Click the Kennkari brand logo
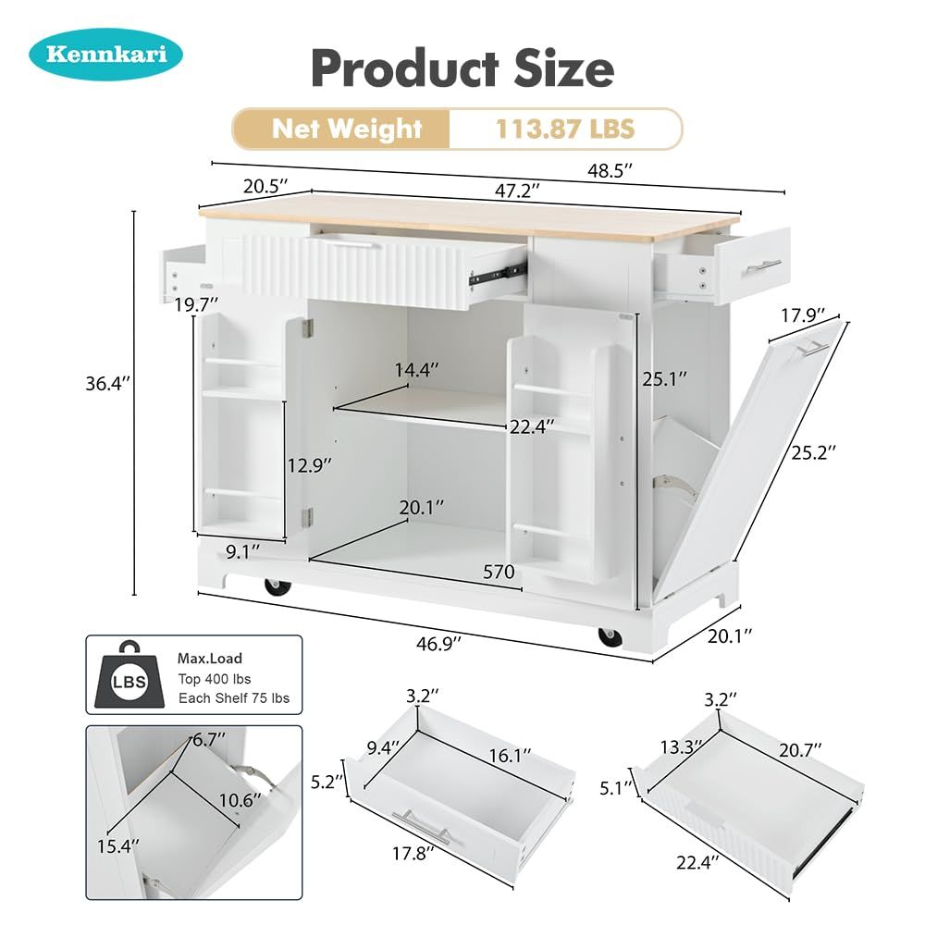106,54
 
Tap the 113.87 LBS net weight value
564,129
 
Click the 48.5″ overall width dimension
610,171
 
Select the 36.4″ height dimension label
107,384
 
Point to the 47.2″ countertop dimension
517,191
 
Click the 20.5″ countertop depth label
265,186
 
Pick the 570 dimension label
499,572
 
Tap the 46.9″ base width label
438,644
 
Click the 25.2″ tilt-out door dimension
813,452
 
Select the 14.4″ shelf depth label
417,370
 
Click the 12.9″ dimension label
310,465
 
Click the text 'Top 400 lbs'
215,679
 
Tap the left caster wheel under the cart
277,586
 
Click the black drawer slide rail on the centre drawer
498,273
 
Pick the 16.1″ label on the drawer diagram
510,755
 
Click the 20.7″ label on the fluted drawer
800,750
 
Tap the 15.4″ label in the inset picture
118,846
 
